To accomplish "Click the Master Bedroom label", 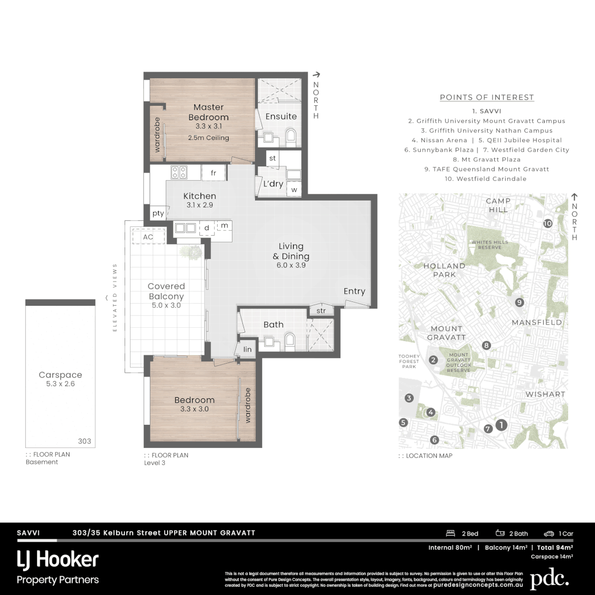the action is (208, 112).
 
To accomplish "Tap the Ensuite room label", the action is (281, 116).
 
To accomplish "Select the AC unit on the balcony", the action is (148, 237).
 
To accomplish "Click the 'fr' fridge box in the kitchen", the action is (213, 173).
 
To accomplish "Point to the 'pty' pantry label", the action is (158, 213).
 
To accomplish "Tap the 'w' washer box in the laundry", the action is (294, 190).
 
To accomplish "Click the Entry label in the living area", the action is (354, 291).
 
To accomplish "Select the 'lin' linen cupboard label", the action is (247, 349).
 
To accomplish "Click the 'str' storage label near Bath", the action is (321, 311).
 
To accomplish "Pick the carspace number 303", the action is (84, 441).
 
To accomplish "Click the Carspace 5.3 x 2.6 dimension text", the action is (61, 383).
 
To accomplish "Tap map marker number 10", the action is (547, 224).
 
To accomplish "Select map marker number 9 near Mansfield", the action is (519, 302).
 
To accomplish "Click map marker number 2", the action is (434, 360).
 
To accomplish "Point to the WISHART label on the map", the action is (545, 394).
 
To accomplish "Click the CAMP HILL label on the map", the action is (498, 205).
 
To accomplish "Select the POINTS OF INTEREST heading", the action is (486, 98).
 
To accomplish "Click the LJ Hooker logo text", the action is (58, 560).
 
